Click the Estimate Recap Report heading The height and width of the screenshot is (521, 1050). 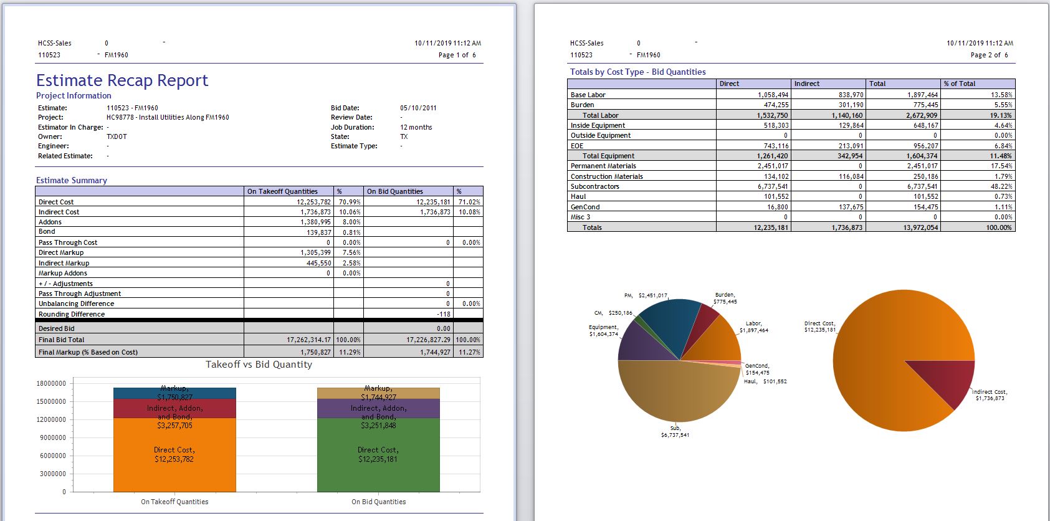point(122,80)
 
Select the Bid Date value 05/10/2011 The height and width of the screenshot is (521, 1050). point(418,108)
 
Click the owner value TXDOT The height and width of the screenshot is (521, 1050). point(117,136)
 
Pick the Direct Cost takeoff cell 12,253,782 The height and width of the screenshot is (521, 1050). point(309,202)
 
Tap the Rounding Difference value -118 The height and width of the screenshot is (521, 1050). point(443,314)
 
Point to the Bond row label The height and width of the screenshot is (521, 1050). point(47,232)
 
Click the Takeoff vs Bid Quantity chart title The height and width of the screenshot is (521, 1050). point(259,365)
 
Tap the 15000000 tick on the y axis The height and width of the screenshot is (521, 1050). point(51,401)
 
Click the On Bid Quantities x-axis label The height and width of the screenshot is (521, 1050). point(378,502)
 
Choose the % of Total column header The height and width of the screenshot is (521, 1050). point(960,84)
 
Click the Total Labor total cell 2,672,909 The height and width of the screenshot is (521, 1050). point(922,115)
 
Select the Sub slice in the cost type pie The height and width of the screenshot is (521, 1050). point(679,393)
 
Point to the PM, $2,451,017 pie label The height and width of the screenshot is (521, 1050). point(646,295)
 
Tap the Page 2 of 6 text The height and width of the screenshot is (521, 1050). point(989,55)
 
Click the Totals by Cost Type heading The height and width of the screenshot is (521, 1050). point(637,72)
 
